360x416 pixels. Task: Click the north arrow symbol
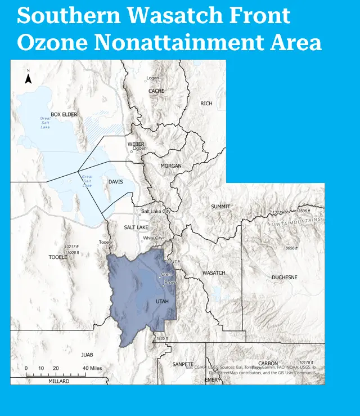(28, 78)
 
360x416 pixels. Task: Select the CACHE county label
(156, 91)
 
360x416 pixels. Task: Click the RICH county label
(206, 104)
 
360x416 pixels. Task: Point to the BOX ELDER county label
(64, 115)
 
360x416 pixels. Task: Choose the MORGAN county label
(171, 166)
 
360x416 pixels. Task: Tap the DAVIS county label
(115, 182)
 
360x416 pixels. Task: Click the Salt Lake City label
(156, 212)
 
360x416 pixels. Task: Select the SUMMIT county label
(220, 207)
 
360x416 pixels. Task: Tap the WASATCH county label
(213, 273)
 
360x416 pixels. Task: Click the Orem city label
(166, 274)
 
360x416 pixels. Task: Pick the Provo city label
(171, 282)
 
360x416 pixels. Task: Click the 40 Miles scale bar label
(92, 368)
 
